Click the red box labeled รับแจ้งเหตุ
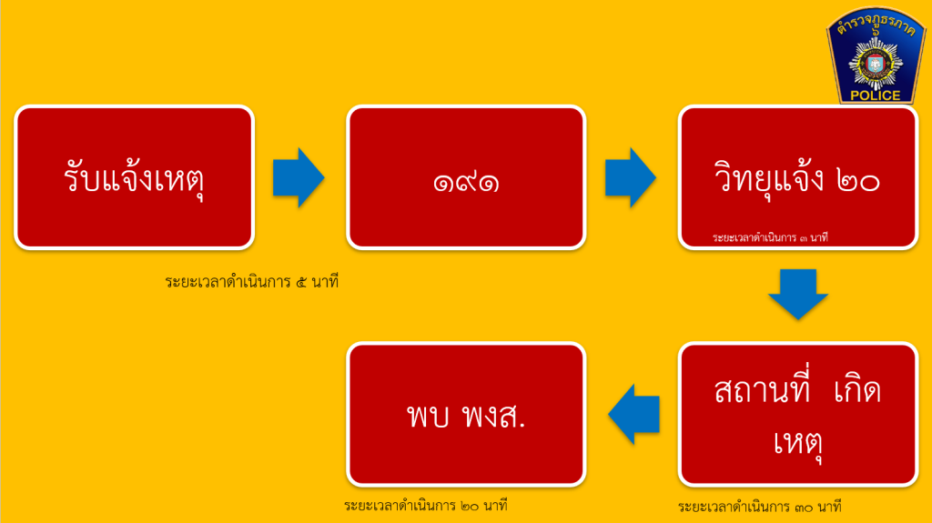click(135, 177)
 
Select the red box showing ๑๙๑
click(466, 177)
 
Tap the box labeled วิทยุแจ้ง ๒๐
click(797, 177)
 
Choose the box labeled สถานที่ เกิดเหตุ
click(797, 414)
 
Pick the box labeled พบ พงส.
click(466, 414)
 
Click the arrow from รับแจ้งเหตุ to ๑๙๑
click(299, 177)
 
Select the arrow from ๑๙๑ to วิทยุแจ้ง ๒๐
click(630, 177)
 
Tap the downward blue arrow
click(797, 294)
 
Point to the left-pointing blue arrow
click(633, 414)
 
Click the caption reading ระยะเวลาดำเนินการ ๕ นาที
click(252, 282)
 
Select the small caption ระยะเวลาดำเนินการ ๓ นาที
click(770, 237)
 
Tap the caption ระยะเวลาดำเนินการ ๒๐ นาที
click(426, 506)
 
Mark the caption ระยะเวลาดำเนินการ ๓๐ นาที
click(760, 507)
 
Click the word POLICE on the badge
click(875, 96)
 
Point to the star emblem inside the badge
click(875, 65)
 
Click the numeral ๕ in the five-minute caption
click(301, 282)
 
